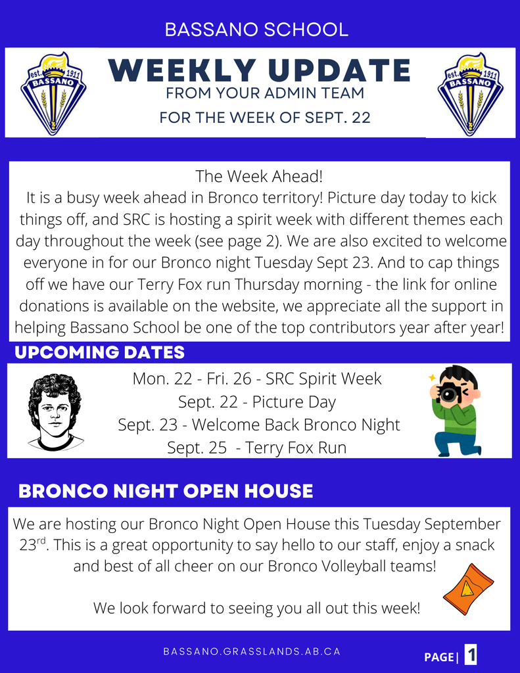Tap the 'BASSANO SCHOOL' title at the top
tap(256, 30)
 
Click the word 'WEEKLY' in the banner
tap(181, 70)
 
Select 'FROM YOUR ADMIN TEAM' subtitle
tap(265, 93)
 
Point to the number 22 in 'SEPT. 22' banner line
tap(361, 118)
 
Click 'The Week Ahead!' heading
tap(259, 176)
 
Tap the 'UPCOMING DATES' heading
tap(100, 352)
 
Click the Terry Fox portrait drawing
tap(55, 412)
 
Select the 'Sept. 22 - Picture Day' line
tap(257, 402)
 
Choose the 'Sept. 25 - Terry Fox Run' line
tap(257, 448)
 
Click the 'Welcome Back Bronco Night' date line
tap(259, 425)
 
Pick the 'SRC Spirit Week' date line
tap(257, 379)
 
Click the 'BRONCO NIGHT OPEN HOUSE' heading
tap(166, 492)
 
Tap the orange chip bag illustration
tap(469, 590)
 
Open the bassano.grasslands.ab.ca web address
tap(252, 651)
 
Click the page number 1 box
tap(471, 655)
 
